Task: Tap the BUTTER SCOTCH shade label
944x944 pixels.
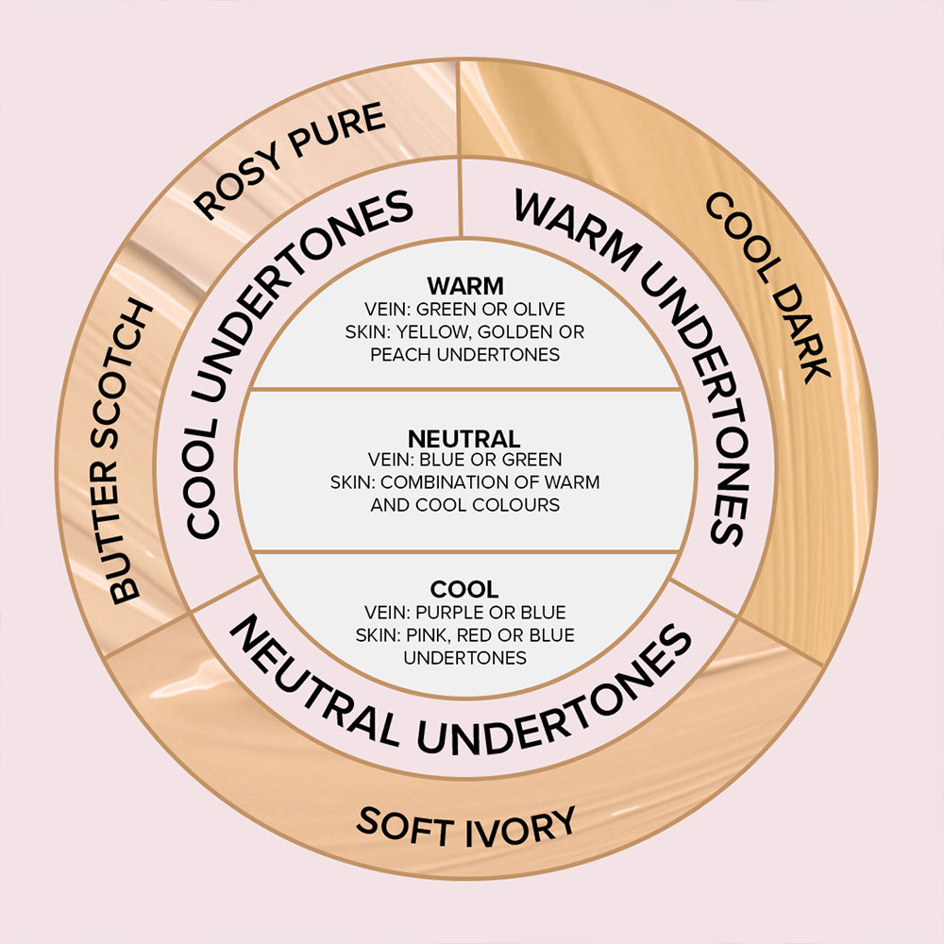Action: pyautogui.click(x=132, y=453)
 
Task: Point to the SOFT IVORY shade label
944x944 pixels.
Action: pyautogui.click(x=465, y=828)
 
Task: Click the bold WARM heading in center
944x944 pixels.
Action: pyautogui.click(x=465, y=285)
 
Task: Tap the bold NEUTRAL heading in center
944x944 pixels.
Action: pyautogui.click(x=464, y=439)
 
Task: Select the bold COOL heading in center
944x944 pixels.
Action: pyautogui.click(x=464, y=590)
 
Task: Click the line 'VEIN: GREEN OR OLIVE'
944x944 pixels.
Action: pyautogui.click(x=465, y=310)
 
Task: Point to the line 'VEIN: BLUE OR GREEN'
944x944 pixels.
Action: pyautogui.click(x=465, y=461)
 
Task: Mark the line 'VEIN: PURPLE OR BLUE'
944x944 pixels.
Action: pyautogui.click(x=465, y=613)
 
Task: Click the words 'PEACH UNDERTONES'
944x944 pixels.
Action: pyautogui.click(x=465, y=355)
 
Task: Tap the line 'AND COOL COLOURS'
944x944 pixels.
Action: pyautogui.click(x=465, y=505)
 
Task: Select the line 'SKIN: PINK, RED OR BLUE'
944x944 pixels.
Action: pyautogui.click(x=465, y=635)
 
